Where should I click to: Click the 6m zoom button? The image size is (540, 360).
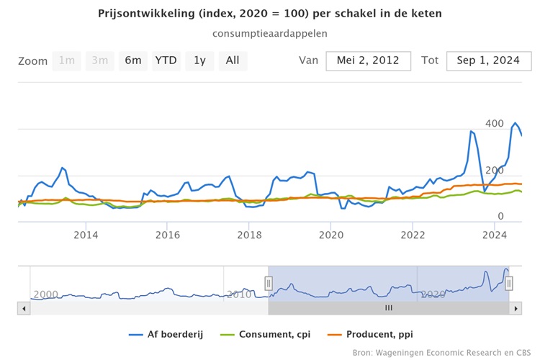[x=133, y=60]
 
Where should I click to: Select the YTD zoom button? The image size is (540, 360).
[x=166, y=60]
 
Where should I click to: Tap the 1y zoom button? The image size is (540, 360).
[x=199, y=60]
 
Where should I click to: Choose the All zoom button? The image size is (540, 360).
[x=233, y=60]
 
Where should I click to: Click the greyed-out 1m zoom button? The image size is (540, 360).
[x=67, y=60]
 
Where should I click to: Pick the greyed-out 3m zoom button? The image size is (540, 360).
[x=100, y=60]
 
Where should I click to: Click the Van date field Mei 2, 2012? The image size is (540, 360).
[x=368, y=60]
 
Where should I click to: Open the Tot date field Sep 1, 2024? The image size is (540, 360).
[x=483, y=60]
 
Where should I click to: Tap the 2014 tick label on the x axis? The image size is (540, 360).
[x=86, y=235]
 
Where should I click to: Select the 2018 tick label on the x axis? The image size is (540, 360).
[x=249, y=235]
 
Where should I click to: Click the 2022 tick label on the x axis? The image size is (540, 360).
[x=413, y=235]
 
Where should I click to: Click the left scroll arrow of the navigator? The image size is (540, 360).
[x=24, y=307]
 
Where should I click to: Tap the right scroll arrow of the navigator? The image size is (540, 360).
[x=515, y=307]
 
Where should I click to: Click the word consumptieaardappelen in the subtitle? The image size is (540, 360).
[x=270, y=33]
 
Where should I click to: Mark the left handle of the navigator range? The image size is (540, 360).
[x=269, y=284]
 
